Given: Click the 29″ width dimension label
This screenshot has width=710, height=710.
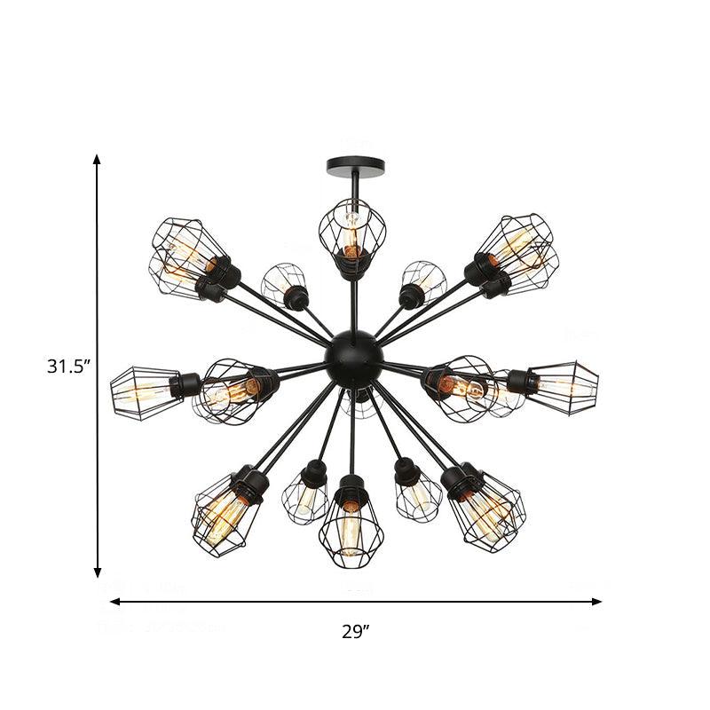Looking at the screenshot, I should (355, 632).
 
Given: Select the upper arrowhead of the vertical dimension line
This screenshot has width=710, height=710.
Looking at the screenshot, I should (98, 160).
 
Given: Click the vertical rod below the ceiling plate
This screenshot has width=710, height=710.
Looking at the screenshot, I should (354, 186).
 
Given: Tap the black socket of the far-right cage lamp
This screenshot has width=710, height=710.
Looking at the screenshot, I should (523, 381).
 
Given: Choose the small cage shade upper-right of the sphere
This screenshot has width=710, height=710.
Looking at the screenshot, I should (423, 281).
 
